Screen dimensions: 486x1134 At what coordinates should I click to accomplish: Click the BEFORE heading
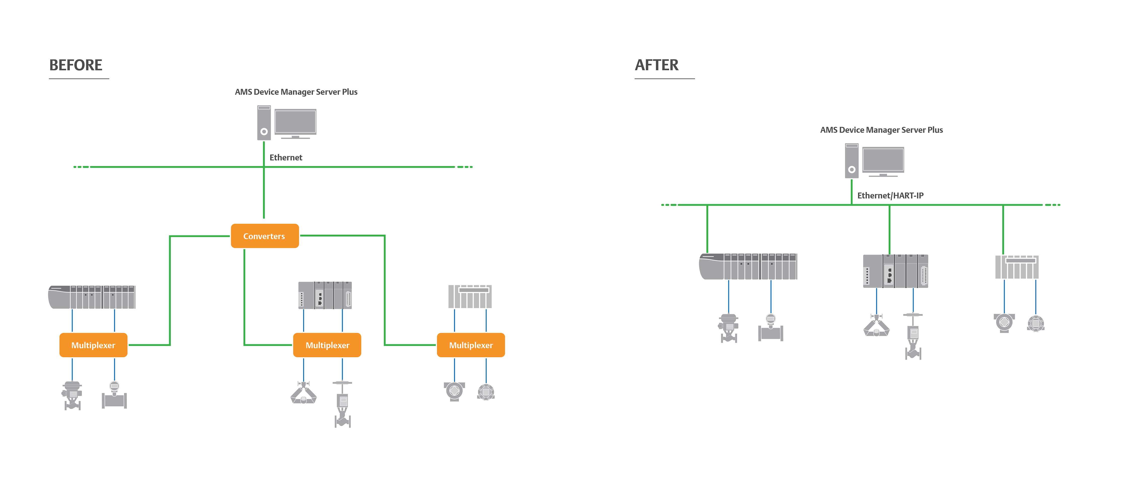[76, 65]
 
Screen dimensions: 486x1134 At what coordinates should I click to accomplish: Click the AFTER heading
[656, 65]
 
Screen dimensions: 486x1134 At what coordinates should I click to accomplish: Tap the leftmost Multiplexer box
[93, 345]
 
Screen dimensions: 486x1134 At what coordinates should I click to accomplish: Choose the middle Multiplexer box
[327, 345]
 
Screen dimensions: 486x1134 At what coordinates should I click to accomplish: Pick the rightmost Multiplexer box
[470, 345]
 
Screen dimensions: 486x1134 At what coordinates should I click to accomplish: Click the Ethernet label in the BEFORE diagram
[286, 158]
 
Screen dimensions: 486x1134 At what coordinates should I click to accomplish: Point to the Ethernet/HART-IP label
[890, 196]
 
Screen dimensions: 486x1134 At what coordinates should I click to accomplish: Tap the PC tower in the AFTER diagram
[851, 161]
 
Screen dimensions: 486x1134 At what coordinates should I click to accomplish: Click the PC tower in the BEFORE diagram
[264, 123]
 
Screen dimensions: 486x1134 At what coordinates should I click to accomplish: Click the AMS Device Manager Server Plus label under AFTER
[881, 130]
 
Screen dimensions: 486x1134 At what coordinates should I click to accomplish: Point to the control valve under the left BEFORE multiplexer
[72, 395]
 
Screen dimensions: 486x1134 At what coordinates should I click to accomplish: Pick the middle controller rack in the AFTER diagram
[895, 271]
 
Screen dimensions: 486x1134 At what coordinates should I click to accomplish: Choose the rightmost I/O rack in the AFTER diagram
[1017, 267]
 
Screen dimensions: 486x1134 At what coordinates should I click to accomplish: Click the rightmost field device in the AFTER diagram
[1036, 323]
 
